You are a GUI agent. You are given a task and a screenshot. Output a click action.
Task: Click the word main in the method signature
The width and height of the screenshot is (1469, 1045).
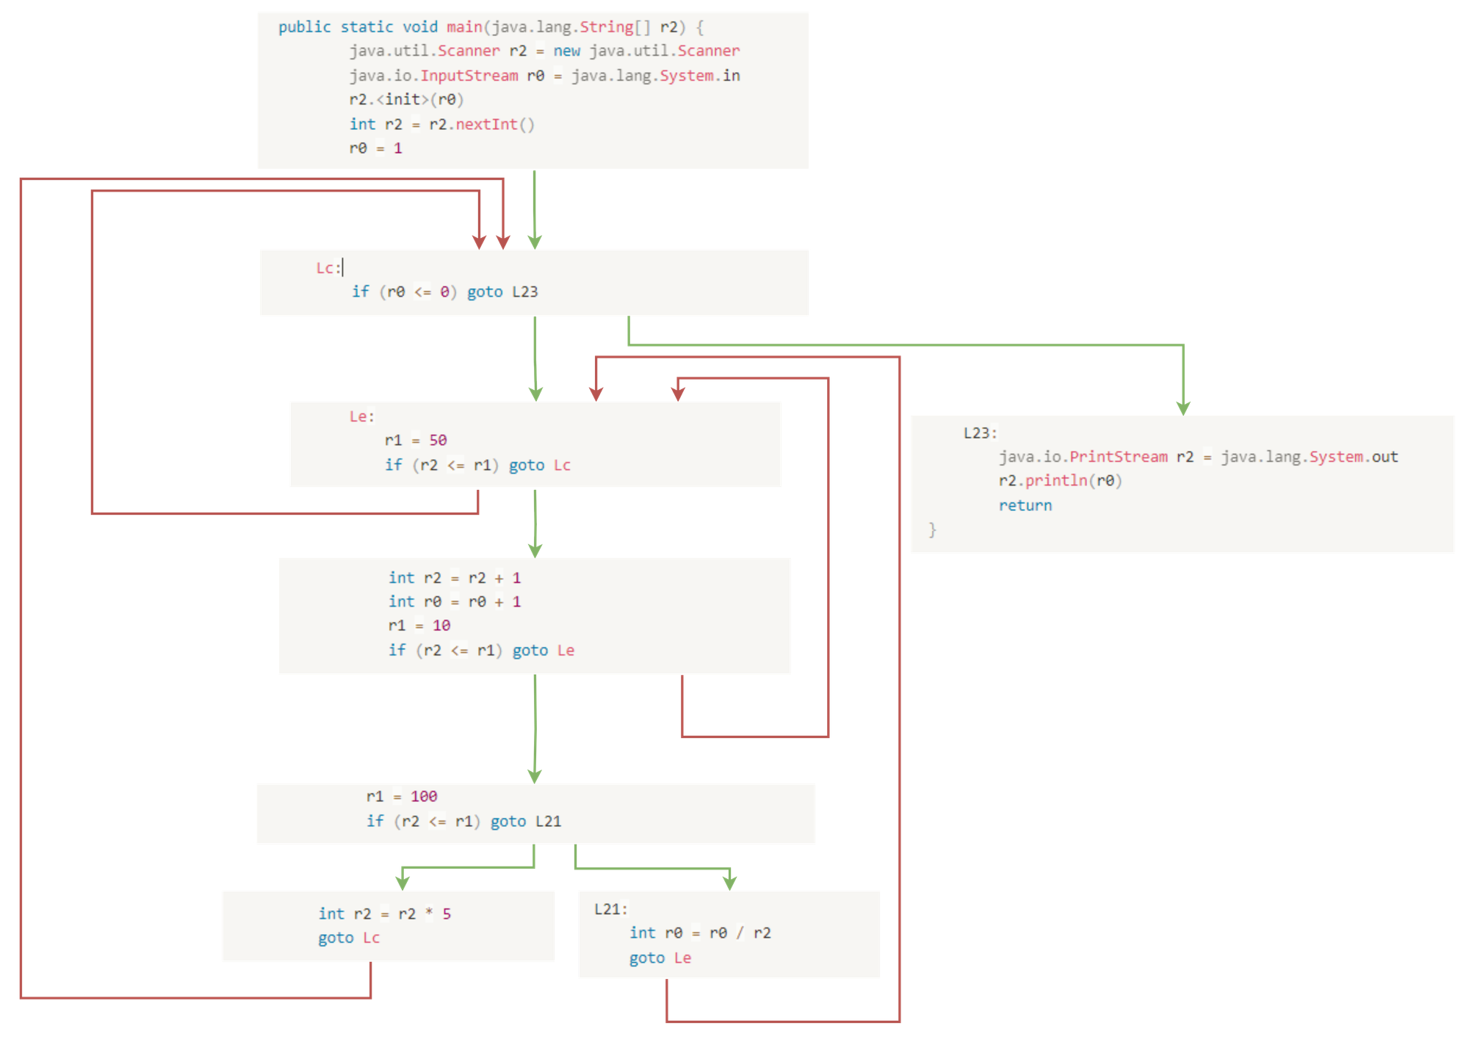point(464,27)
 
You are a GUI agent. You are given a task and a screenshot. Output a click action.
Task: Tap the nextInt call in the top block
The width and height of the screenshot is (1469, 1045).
point(486,124)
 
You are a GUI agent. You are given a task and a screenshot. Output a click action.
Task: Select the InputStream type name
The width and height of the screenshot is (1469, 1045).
point(469,76)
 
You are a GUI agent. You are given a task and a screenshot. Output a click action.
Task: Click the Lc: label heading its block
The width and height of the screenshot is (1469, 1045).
point(328,268)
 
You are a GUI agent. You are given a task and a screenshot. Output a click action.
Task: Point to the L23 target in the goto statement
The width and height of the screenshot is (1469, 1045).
point(524,292)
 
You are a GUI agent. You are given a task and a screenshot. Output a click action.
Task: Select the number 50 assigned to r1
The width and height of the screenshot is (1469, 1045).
point(438,440)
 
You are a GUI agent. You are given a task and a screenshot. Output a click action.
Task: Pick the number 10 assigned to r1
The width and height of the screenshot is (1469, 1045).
point(441,626)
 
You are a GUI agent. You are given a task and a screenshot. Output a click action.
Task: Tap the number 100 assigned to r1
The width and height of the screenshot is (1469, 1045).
point(424,796)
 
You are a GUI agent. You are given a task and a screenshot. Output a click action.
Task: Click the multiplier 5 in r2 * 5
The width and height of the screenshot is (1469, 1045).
point(447,914)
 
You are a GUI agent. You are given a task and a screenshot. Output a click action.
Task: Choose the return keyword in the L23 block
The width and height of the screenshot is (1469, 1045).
point(1025,505)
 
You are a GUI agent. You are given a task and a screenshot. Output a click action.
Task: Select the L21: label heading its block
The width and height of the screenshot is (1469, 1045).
point(610,909)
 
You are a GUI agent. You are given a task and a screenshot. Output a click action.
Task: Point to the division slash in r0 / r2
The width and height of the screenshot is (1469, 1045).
point(740,933)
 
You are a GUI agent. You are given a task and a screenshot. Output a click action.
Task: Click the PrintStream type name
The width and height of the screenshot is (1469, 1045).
point(1118,457)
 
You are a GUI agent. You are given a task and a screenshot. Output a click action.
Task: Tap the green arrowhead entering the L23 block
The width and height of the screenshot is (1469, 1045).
point(1183,407)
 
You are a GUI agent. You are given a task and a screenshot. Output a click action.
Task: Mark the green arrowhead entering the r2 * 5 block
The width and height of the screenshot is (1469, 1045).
point(402,881)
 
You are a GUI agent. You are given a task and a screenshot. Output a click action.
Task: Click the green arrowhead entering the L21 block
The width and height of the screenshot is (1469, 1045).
point(729,881)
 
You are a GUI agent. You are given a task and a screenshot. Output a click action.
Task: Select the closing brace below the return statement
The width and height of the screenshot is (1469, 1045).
point(932,529)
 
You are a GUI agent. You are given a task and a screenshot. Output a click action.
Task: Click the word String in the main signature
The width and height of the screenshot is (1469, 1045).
point(606,27)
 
